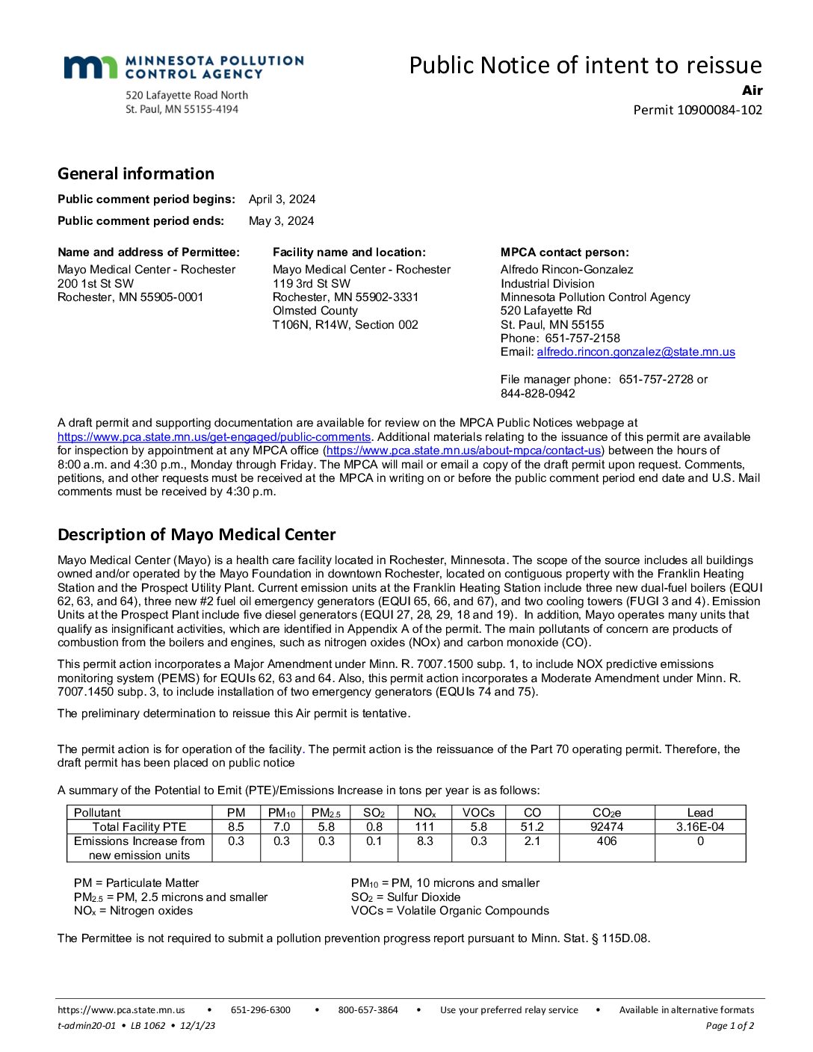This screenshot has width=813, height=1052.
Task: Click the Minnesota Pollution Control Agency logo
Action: click(183, 67)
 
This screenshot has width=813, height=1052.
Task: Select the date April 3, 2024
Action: click(282, 199)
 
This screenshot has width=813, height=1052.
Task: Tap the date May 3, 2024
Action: click(281, 221)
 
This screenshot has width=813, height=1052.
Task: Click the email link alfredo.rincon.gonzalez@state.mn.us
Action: click(635, 352)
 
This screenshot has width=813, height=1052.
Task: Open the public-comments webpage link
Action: click(214, 437)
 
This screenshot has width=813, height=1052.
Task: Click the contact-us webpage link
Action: click(464, 451)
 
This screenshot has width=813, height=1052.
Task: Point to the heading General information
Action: click(136, 174)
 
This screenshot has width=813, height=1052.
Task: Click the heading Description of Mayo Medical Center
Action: click(197, 535)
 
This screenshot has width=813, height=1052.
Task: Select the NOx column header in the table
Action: click(424, 812)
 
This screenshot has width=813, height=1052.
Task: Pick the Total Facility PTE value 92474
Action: click(607, 827)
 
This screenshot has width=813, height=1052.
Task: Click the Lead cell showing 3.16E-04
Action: click(700, 827)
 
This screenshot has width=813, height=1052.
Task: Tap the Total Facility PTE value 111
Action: click(424, 827)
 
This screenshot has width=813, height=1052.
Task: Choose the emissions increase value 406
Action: click(607, 841)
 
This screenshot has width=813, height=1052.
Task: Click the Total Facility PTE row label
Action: click(139, 827)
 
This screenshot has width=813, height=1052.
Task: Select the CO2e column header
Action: click(607, 812)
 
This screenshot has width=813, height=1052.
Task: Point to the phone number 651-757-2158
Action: click(582, 338)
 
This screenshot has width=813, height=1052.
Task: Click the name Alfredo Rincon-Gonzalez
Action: click(566, 270)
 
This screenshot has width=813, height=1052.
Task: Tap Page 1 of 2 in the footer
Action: click(729, 1026)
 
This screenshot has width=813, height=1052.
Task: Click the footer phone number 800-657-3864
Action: click(368, 1010)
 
